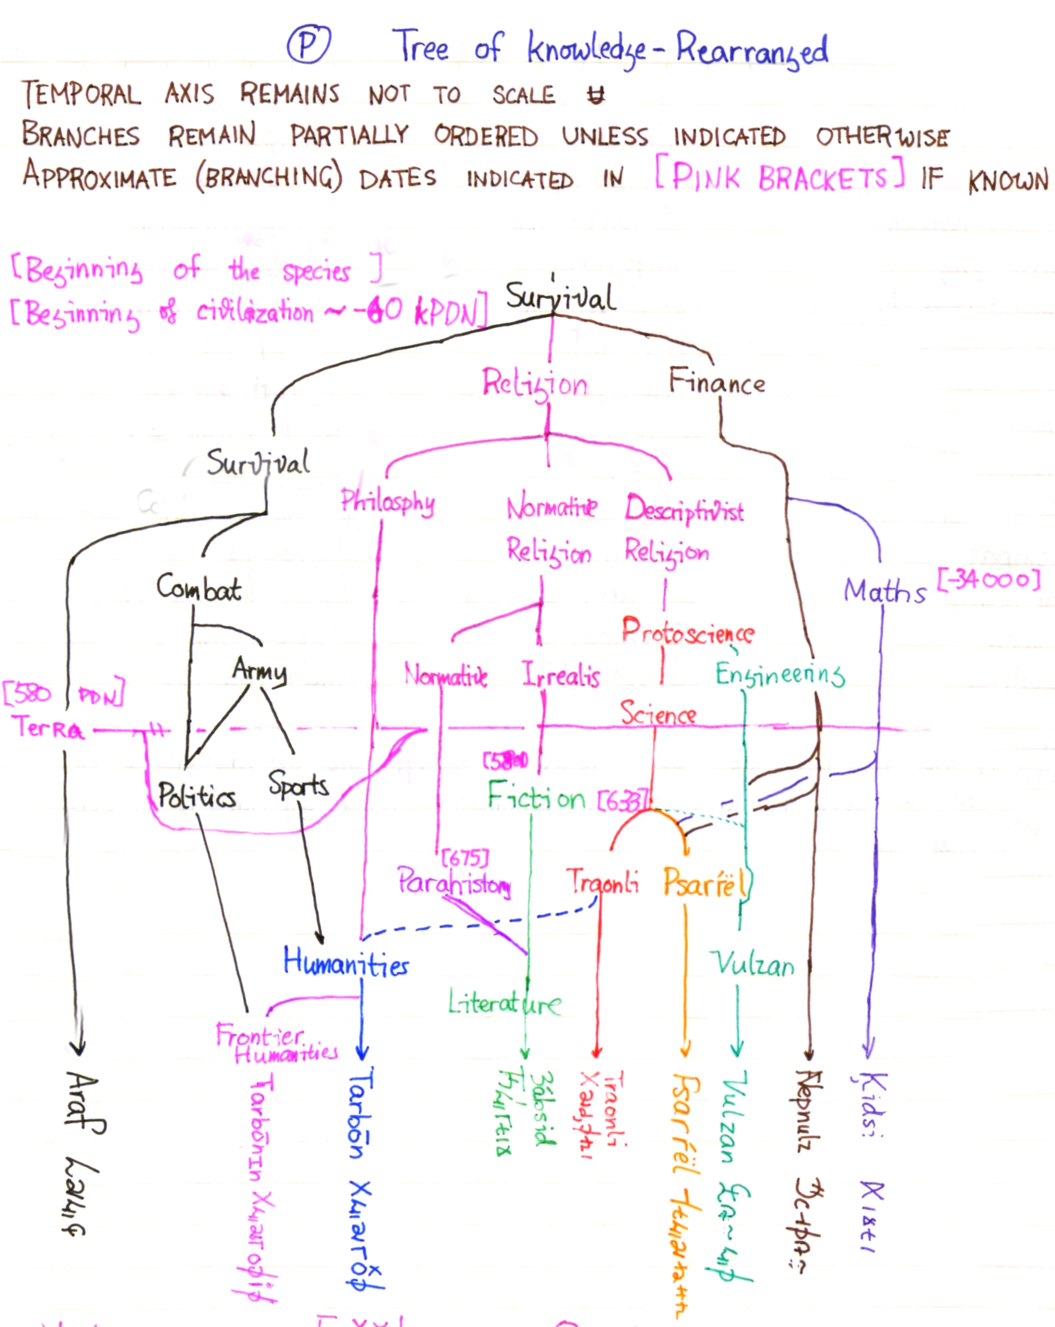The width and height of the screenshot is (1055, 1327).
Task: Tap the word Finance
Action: coord(717,382)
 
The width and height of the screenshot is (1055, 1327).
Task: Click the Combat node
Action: coord(198,588)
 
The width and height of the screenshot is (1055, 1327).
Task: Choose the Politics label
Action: coord(196,796)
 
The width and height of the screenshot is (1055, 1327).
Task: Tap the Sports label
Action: coord(298,785)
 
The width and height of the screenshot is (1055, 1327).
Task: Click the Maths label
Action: coord(885,591)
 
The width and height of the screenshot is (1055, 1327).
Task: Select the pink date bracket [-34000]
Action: coord(989,580)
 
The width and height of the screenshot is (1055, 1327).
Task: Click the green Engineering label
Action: coord(780,674)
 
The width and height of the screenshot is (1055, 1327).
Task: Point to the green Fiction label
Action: coord(536,797)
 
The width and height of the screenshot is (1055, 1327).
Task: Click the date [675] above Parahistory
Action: coord(465,858)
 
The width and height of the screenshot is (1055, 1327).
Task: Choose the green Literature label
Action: coord(504,1004)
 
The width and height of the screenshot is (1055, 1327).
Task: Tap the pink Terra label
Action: coord(47,728)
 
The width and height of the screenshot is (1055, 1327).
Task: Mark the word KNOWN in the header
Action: coord(1008,181)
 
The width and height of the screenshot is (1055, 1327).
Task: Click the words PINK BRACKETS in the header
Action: coord(779,177)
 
